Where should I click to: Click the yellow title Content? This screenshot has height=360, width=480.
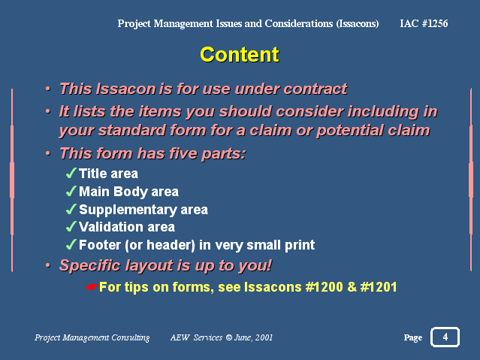click(240, 55)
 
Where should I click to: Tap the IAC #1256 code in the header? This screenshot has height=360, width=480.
click(424, 23)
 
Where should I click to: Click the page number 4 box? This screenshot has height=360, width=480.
click(445, 337)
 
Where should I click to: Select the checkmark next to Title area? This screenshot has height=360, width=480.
click(71, 173)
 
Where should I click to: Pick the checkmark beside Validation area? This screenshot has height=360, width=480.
click(71, 226)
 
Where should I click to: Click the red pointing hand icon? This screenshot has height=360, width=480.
click(92, 287)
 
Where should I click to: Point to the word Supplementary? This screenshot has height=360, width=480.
click(128, 210)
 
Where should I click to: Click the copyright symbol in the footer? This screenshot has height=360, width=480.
click(228, 337)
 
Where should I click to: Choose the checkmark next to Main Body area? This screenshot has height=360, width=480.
click(71, 191)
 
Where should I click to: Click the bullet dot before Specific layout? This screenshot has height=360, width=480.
click(48, 265)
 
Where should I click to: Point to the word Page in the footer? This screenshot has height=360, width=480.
click(413, 337)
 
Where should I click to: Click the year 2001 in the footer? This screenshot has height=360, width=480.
click(264, 337)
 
